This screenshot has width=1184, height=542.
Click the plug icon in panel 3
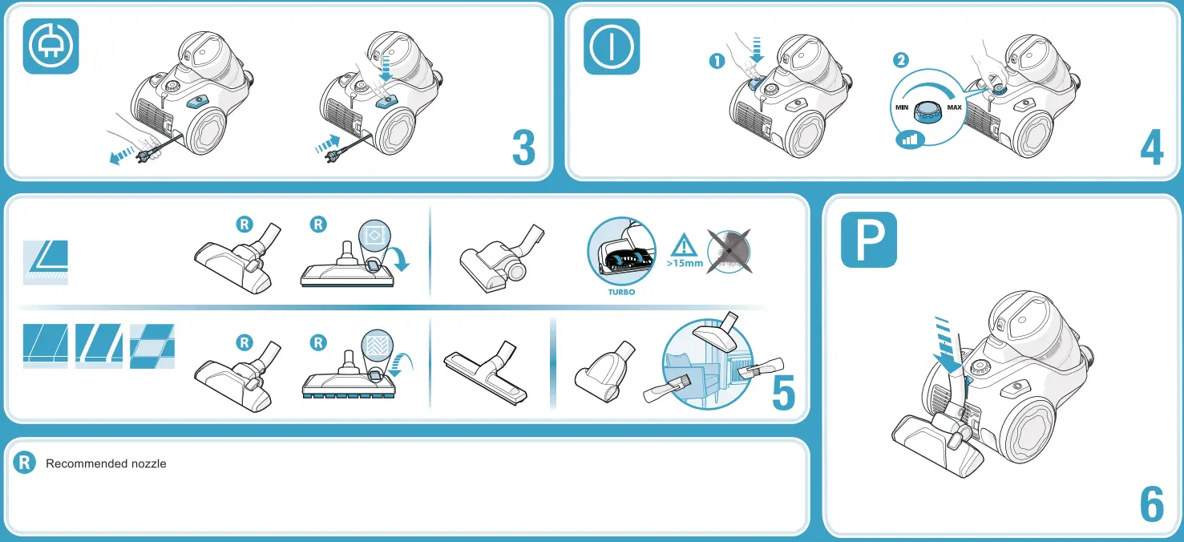point(51,46)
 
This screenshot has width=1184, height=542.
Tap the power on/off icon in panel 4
point(612,47)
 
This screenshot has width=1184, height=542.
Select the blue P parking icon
point(869,240)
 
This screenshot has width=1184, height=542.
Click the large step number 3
point(523,147)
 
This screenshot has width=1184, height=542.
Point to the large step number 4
point(1152,147)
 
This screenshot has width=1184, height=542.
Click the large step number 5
point(783,392)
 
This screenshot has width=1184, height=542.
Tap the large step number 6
point(1152,504)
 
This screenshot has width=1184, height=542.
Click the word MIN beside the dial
point(902,107)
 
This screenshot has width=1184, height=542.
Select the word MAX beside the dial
point(955,107)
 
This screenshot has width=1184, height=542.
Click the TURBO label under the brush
point(621,292)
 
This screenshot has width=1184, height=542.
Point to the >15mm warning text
point(685,263)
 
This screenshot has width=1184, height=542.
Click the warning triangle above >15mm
point(684,245)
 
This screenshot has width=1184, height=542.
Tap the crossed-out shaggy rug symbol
point(729,251)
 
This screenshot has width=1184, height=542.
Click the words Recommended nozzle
point(106,463)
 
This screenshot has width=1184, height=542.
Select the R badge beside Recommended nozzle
point(24,463)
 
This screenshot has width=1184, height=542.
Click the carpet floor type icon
point(46,262)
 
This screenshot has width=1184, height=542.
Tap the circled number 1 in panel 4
point(717,62)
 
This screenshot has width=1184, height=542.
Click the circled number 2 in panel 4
point(901,60)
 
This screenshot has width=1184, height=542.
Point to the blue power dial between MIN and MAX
point(929,111)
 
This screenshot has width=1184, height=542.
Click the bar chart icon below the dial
point(910,140)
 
